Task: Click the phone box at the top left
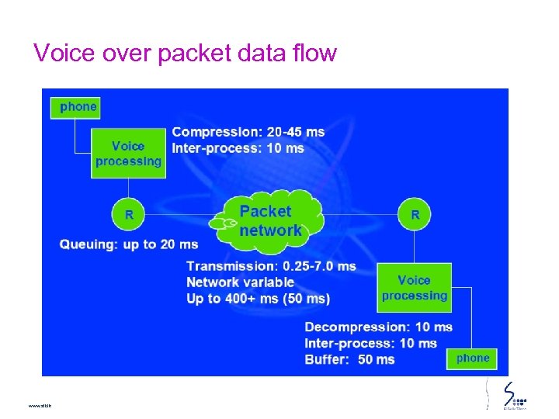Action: [x=75, y=106]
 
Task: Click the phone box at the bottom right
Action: [x=473, y=358]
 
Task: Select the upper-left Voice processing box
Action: [x=128, y=153]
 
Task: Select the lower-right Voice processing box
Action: [x=414, y=287]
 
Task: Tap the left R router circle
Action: [x=128, y=214]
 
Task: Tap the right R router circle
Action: [x=415, y=214]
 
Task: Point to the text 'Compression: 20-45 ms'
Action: [x=248, y=132]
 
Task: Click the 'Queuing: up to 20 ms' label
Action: [x=129, y=244]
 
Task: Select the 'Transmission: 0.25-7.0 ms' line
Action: [x=271, y=266]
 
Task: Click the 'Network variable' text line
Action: [x=240, y=282]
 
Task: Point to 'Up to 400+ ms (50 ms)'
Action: [x=258, y=299]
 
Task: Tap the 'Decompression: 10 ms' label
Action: [x=378, y=327]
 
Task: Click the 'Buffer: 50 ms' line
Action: [x=349, y=359]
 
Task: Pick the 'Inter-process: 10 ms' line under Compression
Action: [x=238, y=148]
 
